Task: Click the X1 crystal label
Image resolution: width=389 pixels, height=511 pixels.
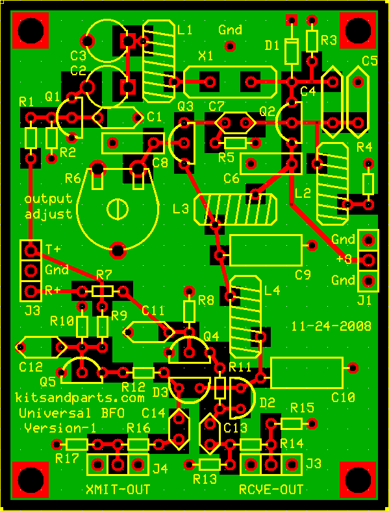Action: [x=206, y=56]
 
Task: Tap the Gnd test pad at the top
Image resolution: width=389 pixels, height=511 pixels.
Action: [x=231, y=45]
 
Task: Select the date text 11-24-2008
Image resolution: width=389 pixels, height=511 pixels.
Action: [x=331, y=326]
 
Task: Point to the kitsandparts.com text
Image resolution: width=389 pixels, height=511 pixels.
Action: [x=80, y=398]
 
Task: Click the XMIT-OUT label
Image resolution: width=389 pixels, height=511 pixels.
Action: [x=118, y=489]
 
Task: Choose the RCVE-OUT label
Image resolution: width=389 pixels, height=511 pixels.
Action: [x=271, y=489]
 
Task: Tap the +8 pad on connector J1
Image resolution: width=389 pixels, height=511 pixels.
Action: [x=369, y=260]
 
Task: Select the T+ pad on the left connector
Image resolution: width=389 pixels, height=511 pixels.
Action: [x=31, y=250]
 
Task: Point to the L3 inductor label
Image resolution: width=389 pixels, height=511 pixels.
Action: [x=181, y=209]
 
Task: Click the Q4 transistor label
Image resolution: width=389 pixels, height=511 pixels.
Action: [x=212, y=335]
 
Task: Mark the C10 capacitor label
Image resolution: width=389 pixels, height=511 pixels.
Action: [x=343, y=398]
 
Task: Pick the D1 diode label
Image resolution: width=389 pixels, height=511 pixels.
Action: [x=273, y=46]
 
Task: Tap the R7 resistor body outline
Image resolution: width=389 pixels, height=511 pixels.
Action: [x=103, y=291]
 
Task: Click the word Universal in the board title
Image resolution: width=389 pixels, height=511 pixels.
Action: [x=55, y=413]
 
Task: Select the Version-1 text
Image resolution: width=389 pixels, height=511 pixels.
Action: [x=60, y=427]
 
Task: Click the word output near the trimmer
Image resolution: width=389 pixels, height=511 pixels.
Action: [x=49, y=199]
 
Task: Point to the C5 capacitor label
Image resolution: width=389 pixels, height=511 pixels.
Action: [x=370, y=60]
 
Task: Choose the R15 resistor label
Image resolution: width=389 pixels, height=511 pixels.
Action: [x=302, y=407]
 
